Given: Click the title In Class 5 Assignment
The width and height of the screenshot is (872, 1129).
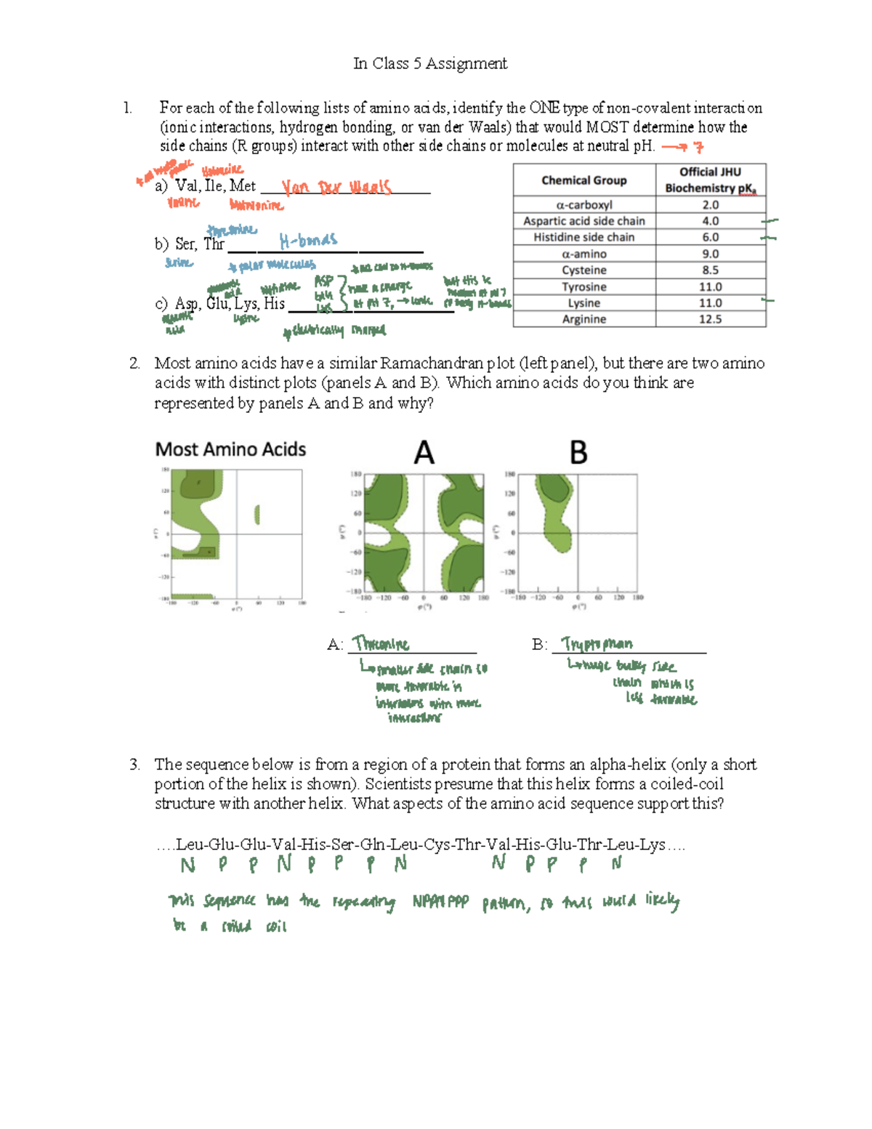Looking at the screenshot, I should click(x=429, y=64).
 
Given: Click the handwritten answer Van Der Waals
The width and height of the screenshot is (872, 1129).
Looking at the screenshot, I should click(x=336, y=188).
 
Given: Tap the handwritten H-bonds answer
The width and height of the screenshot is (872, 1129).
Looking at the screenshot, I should click(x=308, y=240).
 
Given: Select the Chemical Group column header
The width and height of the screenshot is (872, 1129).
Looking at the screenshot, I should click(x=584, y=180).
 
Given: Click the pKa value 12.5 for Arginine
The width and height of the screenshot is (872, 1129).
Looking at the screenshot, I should click(x=710, y=319).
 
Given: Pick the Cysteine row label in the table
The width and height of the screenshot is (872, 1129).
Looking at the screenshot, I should click(x=584, y=270).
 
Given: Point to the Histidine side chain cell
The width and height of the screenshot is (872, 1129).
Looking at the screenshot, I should click(x=584, y=237).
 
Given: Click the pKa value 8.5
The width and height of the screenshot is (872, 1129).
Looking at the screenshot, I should click(x=710, y=270).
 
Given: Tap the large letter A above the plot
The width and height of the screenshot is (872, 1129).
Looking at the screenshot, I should click(x=424, y=453).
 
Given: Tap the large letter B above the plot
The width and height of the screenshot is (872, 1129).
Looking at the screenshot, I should click(x=578, y=453).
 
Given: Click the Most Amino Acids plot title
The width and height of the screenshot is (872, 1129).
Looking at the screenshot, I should click(x=230, y=450).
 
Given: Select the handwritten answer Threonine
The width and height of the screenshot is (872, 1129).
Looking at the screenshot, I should click(x=381, y=644).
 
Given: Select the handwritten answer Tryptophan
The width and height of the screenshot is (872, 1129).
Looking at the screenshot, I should click(x=597, y=644).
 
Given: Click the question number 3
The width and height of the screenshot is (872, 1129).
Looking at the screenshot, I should click(x=134, y=764).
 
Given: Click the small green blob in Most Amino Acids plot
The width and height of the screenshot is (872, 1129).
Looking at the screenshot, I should click(x=257, y=515).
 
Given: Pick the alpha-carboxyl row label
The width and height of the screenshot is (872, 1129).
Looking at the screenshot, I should click(x=584, y=205).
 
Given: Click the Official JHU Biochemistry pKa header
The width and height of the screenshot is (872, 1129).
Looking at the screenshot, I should click(x=710, y=180).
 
